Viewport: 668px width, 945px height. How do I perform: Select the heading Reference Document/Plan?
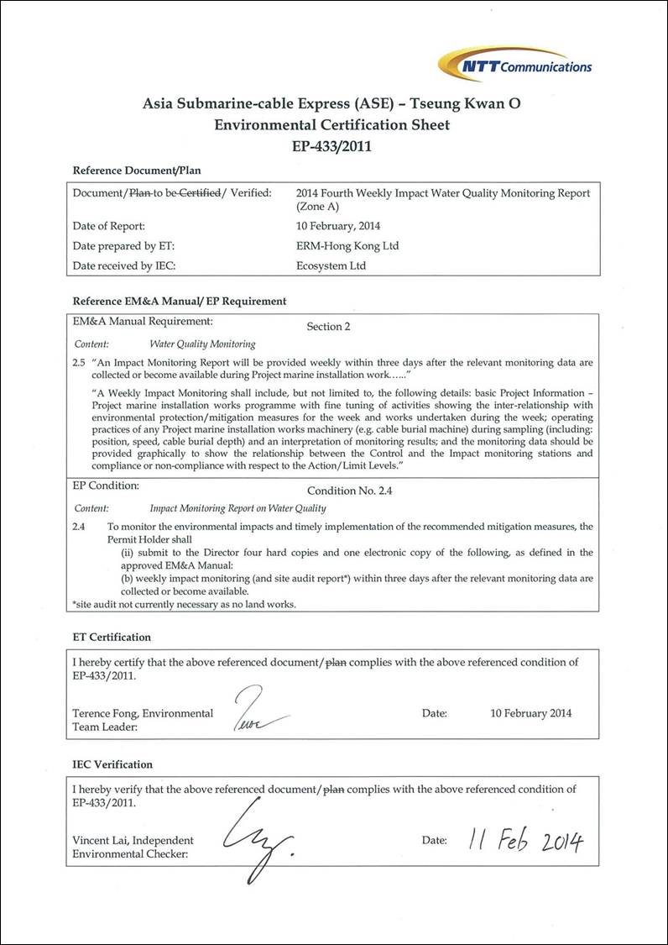click(x=137, y=171)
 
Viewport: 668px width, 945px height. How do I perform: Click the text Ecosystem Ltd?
click(x=332, y=265)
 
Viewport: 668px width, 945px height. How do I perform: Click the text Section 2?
click(x=324, y=326)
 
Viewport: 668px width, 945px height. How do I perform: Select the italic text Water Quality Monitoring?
click(x=202, y=344)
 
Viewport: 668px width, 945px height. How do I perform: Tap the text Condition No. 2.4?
click(x=343, y=490)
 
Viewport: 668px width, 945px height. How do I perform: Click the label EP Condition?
click(x=106, y=486)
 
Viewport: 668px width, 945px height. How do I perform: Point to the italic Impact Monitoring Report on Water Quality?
click(x=237, y=508)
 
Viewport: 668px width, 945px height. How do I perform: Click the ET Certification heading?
click(x=112, y=638)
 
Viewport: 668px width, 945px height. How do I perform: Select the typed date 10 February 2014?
click(x=531, y=713)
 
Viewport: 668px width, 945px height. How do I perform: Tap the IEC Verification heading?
click(x=112, y=764)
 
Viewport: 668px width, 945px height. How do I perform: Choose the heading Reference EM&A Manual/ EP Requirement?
click(x=180, y=301)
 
